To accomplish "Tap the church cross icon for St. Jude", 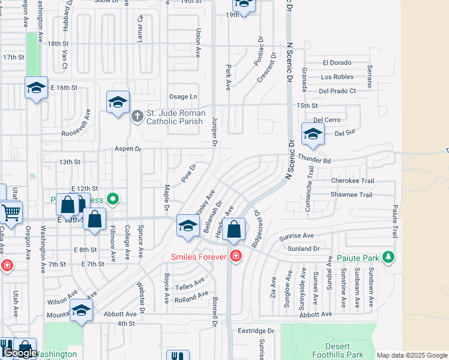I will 137,115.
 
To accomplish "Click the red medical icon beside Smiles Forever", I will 236,257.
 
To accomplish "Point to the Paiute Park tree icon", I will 388,257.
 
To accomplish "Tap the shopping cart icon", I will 11,211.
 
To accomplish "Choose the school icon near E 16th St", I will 36,88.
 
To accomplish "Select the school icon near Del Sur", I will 312,134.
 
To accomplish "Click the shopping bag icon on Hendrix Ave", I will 234,229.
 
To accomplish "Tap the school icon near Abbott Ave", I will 81,310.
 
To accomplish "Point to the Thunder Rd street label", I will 314,161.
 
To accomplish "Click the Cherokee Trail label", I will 352,181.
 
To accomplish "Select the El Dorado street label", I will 336,62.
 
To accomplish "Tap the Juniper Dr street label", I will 214,133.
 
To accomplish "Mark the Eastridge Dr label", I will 255,331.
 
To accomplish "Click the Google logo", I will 19,353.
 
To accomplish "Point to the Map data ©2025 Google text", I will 411,355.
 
